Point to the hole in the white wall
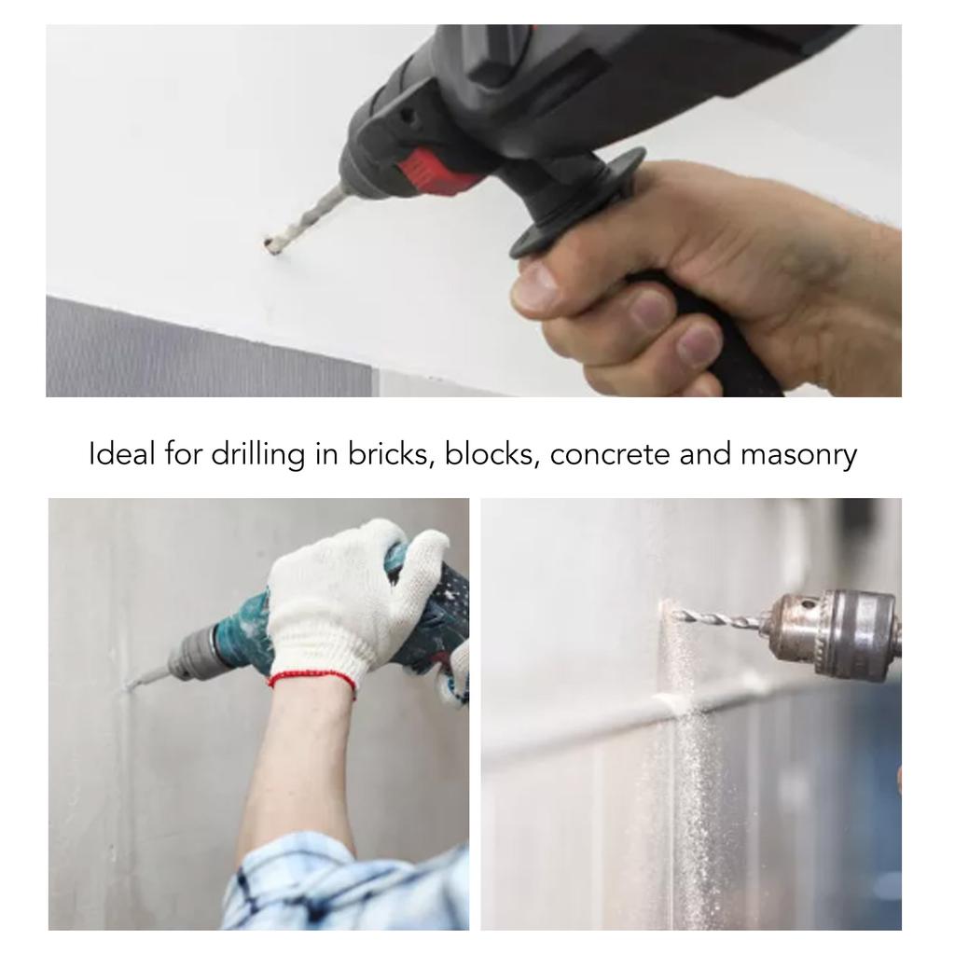[271, 246]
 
